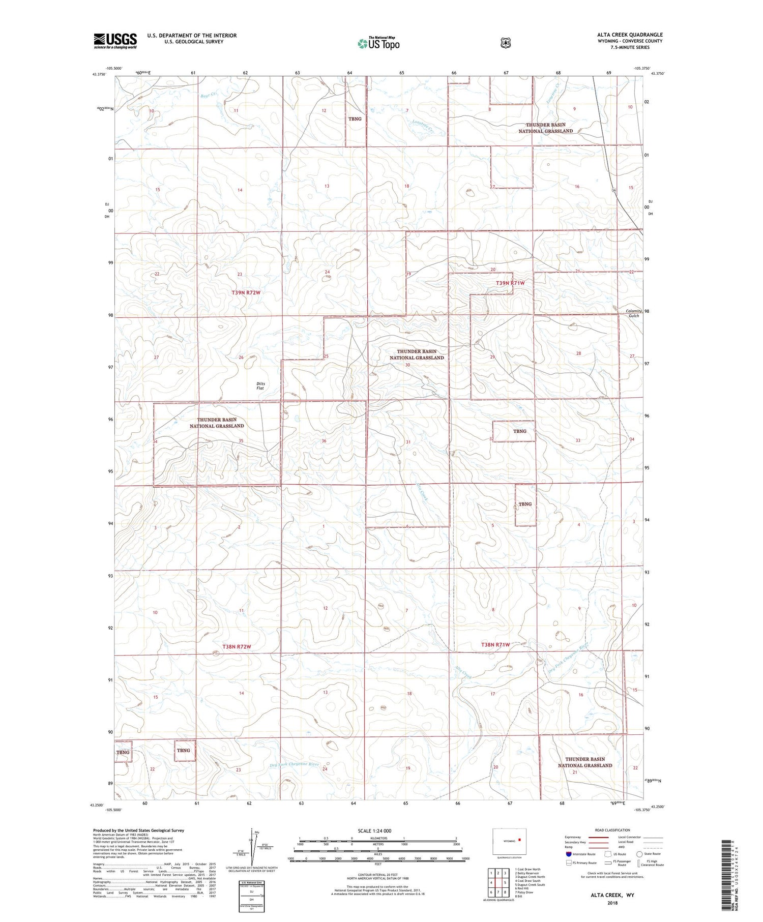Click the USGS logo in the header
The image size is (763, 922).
pos(115,41)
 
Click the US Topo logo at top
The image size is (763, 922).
pos(378,43)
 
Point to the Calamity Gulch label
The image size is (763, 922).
pos(633,313)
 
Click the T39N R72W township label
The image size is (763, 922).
pos(249,292)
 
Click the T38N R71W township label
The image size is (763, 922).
pos(495,644)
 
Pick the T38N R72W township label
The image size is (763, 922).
pos(237,646)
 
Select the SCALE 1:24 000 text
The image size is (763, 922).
pos(377,830)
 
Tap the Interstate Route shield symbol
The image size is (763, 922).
pos(569,854)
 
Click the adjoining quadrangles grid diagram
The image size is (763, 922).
pos(498,882)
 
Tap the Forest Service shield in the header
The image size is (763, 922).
pos(505,43)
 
